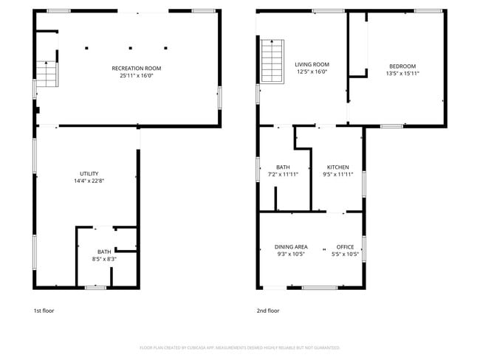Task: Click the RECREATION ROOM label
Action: (136, 68)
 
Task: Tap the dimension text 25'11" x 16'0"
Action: (136, 75)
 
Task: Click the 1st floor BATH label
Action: (103, 252)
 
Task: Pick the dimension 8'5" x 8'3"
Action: (103, 258)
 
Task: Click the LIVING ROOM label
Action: (312, 65)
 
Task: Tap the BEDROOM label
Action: (402, 66)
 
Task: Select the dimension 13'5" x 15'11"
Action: (403, 73)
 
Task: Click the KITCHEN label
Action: (337, 167)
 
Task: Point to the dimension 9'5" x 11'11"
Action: (337, 174)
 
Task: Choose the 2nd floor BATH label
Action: (283, 167)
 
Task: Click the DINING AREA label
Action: (291, 247)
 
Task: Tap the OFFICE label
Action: (345, 247)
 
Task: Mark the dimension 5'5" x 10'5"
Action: (345, 254)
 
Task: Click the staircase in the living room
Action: (271, 61)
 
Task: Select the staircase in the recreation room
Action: (47, 75)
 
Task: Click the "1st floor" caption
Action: (44, 311)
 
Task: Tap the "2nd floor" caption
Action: (268, 311)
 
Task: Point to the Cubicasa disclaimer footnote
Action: (239, 347)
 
